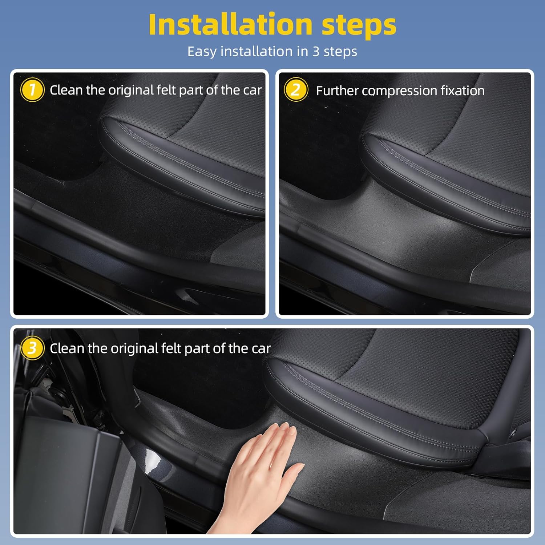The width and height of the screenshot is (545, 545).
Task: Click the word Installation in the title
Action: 230,25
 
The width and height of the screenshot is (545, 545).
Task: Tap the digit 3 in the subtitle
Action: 316,51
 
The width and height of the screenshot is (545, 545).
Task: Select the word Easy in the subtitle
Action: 202,52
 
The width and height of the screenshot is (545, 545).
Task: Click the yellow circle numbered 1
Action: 32,90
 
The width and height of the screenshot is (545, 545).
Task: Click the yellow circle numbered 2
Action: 296,90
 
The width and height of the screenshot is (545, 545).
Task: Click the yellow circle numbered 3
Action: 32,348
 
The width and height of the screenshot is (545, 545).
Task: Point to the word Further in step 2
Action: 336,90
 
